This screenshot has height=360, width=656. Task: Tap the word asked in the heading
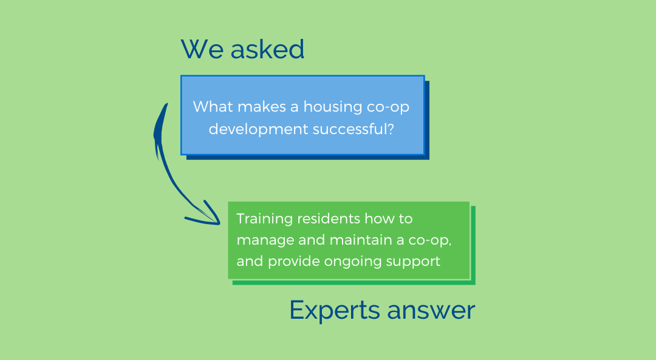267,49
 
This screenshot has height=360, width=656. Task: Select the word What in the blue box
213,106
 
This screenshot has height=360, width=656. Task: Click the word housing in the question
333,107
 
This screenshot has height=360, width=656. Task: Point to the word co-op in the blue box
388,107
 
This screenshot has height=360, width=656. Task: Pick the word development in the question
258,129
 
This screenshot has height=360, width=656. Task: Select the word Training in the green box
264,219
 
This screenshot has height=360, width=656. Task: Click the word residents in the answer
329,219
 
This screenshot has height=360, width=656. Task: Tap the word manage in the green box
265,241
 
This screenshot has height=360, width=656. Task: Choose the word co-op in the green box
429,241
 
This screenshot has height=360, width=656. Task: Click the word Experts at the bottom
334,311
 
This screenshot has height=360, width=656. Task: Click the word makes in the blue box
262,107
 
